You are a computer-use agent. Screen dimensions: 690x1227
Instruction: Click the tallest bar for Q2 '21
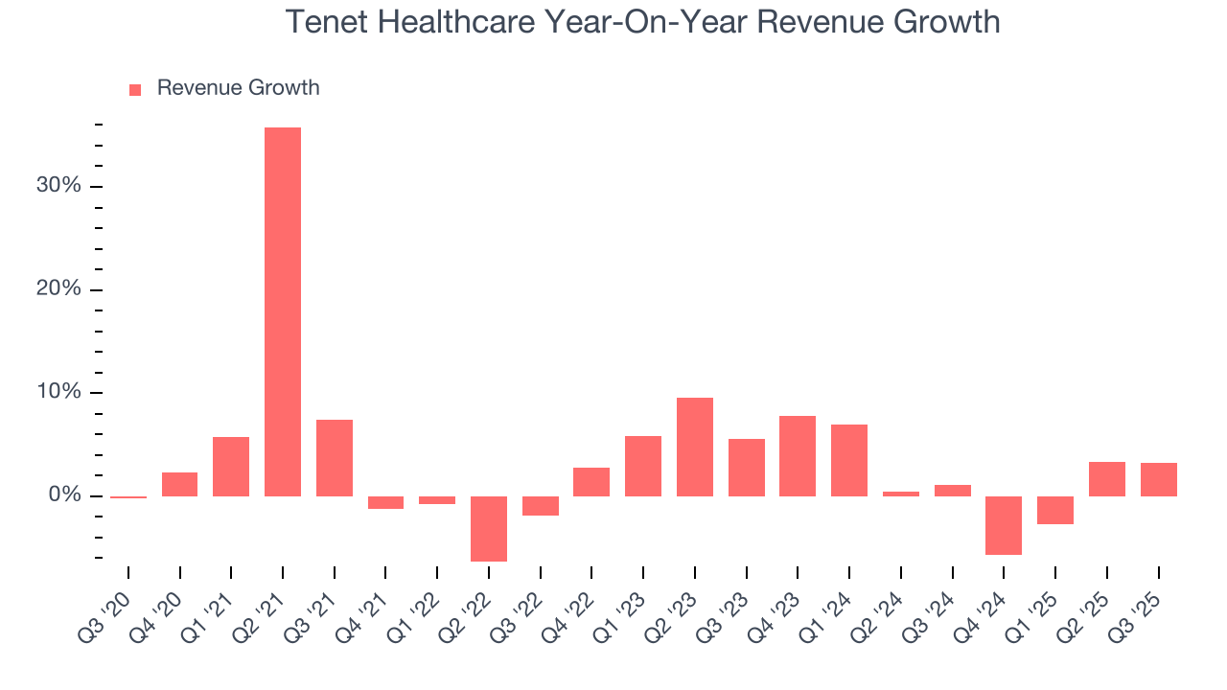[x=283, y=311]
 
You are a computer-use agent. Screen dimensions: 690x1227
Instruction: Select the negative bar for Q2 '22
[x=488, y=528]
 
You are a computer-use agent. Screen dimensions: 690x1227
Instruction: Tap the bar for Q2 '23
[x=695, y=447]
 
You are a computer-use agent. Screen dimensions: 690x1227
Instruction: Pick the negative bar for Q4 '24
[x=1004, y=525]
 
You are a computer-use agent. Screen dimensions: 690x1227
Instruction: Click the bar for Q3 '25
[x=1158, y=479]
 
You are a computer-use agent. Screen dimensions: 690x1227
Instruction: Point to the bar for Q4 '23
[x=798, y=455]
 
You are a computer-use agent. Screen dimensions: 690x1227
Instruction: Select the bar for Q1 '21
[x=231, y=466]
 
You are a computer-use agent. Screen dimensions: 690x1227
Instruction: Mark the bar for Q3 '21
[x=335, y=457]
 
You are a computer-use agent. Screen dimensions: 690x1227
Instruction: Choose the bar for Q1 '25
[x=1055, y=510]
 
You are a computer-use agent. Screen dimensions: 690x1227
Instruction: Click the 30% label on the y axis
[x=58, y=186]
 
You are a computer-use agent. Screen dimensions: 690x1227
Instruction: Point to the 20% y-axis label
[x=58, y=289]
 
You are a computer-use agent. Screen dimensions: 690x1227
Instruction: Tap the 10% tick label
[x=58, y=393]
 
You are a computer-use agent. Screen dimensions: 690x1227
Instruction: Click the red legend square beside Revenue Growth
[x=135, y=89]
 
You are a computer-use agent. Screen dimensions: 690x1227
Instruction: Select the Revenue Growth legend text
[x=238, y=88]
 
